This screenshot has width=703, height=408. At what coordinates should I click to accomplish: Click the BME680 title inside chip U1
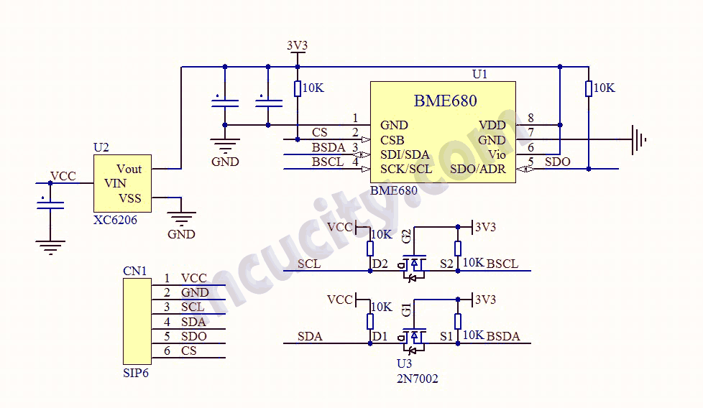pos(445,101)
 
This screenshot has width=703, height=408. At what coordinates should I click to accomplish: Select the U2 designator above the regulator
pos(101,147)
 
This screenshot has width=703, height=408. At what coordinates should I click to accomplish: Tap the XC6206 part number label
pos(115,221)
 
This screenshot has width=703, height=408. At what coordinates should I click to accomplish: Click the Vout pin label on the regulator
pos(129,169)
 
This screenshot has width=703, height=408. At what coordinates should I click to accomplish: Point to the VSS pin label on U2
pos(130,198)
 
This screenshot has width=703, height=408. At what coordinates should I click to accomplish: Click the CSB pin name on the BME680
pos(392,140)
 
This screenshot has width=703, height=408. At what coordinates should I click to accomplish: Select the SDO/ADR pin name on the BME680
pos(478,170)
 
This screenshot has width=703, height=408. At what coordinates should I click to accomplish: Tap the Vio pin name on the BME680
pos(497,154)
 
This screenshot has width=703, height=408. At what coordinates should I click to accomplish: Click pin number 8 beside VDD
pos(530,119)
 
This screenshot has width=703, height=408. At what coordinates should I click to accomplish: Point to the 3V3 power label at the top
pos(297,45)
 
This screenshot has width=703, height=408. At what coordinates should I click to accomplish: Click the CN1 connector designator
pos(134,272)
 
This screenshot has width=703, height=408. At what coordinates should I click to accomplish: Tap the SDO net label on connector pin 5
pos(194,336)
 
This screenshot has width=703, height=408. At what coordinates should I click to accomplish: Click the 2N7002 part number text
pos(417,379)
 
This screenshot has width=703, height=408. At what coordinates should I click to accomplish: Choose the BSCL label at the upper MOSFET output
pos(502,264)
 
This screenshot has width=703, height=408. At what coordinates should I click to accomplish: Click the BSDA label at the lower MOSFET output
pos(503,336)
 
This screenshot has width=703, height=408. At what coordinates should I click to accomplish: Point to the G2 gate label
pos(407,236)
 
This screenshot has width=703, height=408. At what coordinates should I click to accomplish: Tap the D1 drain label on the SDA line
pos(380,336)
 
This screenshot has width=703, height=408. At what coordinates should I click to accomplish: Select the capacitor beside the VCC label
pos(50,204)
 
